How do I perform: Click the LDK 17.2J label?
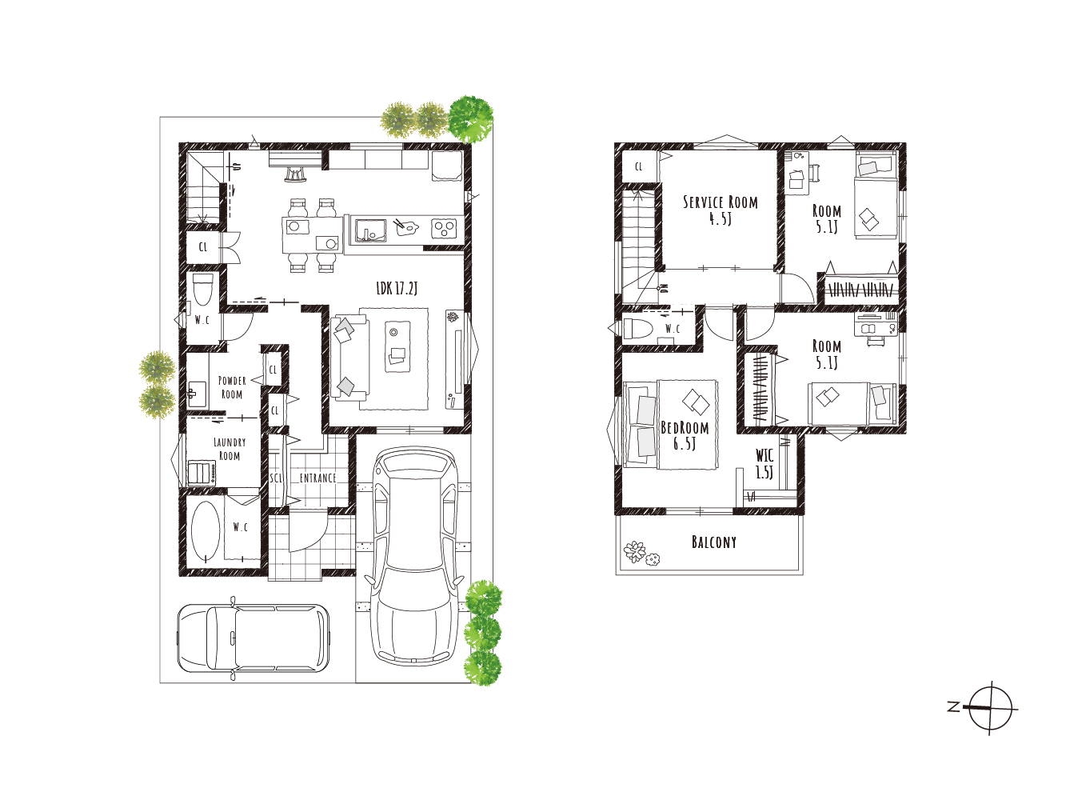397,289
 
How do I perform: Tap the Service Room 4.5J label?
721,210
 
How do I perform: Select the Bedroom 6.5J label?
685,435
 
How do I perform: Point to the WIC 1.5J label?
765,463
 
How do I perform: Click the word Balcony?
714,542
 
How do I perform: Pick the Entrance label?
317,478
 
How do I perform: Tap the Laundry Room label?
230,449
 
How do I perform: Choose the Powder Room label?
232,387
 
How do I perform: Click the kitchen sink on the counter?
370,230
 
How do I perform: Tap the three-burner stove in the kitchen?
444,228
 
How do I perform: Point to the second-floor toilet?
637,328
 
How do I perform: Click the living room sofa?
348,358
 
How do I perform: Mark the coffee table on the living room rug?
397,346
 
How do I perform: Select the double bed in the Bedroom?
670,425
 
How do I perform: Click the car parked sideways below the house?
254,638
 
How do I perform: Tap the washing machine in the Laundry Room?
202,473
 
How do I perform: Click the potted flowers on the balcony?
641,554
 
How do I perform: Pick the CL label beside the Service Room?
639,166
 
